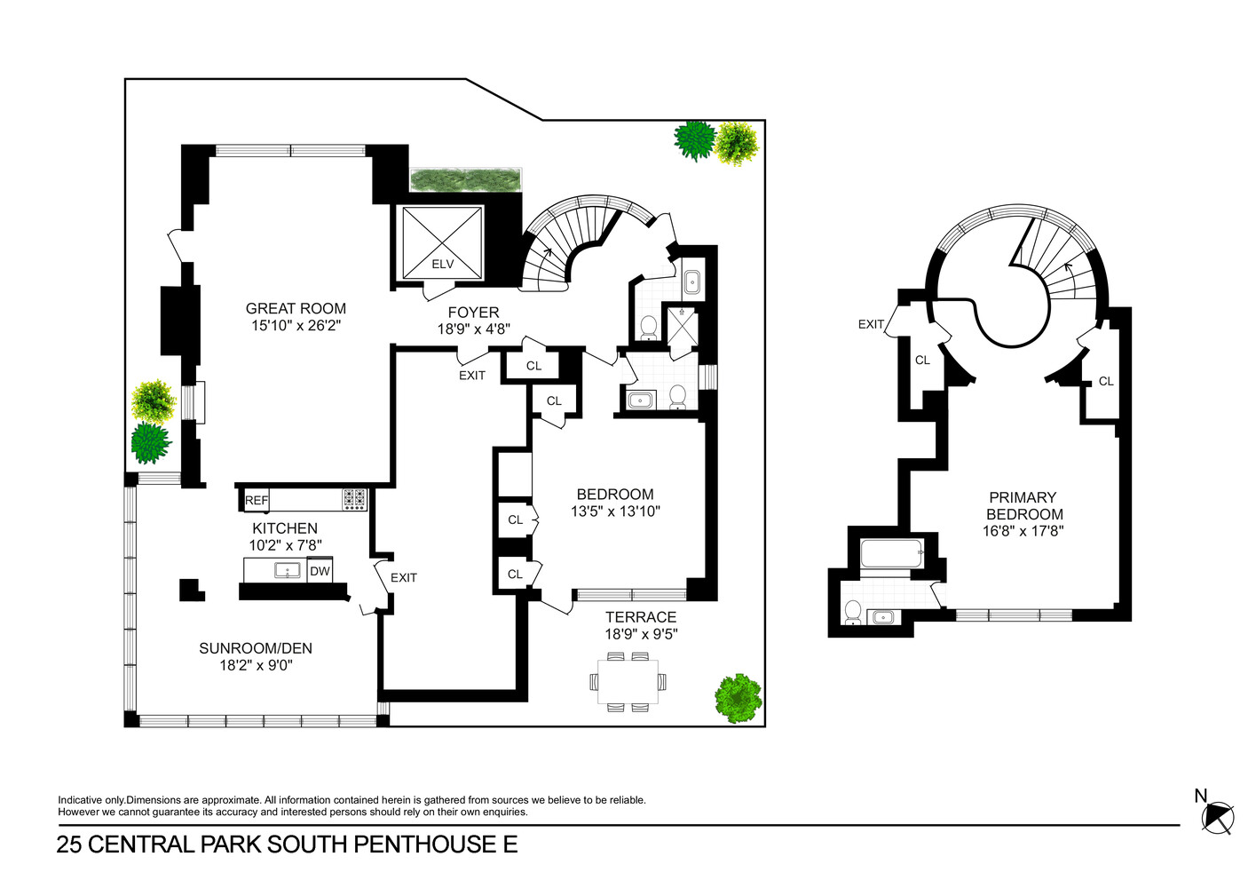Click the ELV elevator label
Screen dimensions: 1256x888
[442, 264]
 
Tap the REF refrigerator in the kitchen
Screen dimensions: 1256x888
[257, 500]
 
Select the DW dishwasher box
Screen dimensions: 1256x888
[320, 571]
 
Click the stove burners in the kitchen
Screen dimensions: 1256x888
[355, 499]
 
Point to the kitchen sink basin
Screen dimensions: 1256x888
[287, 571]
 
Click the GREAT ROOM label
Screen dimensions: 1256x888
[296, 308]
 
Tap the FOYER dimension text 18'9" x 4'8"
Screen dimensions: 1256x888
[474, 329]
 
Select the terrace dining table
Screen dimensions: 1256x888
[628, 682]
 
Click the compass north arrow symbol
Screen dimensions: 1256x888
[1217, 817]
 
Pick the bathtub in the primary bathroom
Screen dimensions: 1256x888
[891, 553]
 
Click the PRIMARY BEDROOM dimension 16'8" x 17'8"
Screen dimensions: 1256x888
[1023, 531]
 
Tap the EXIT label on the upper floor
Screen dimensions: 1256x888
[871, 324]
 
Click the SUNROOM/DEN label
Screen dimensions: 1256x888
[256, 648]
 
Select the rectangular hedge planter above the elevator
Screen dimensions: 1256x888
[466, 179]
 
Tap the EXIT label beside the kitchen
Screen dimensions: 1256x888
[404, 577]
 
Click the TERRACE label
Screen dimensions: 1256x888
[641, 617]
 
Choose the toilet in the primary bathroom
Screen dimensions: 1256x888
[853, 612]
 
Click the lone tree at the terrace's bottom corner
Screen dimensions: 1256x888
[739, 698]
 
